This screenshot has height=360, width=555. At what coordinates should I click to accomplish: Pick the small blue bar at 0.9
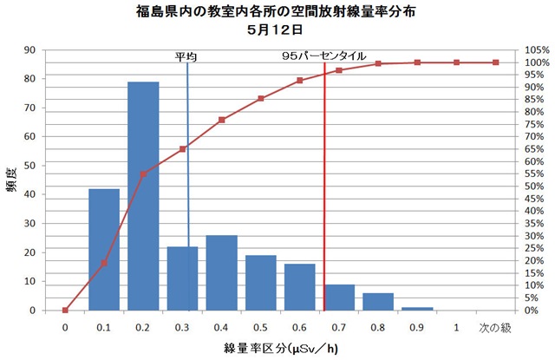417,308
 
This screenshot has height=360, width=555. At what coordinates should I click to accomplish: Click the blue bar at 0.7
339,298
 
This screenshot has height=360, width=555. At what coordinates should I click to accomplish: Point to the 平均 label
186,56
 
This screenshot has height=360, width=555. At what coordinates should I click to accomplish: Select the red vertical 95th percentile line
323,191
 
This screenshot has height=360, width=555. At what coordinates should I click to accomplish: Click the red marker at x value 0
65,310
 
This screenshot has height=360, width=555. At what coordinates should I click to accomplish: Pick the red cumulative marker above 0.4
222,120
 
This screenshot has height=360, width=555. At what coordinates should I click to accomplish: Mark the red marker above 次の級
496,62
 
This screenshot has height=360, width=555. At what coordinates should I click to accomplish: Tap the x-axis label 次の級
496,327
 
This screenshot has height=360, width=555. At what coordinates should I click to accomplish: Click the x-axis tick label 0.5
260,327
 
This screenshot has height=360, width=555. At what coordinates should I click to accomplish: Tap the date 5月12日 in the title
277,29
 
